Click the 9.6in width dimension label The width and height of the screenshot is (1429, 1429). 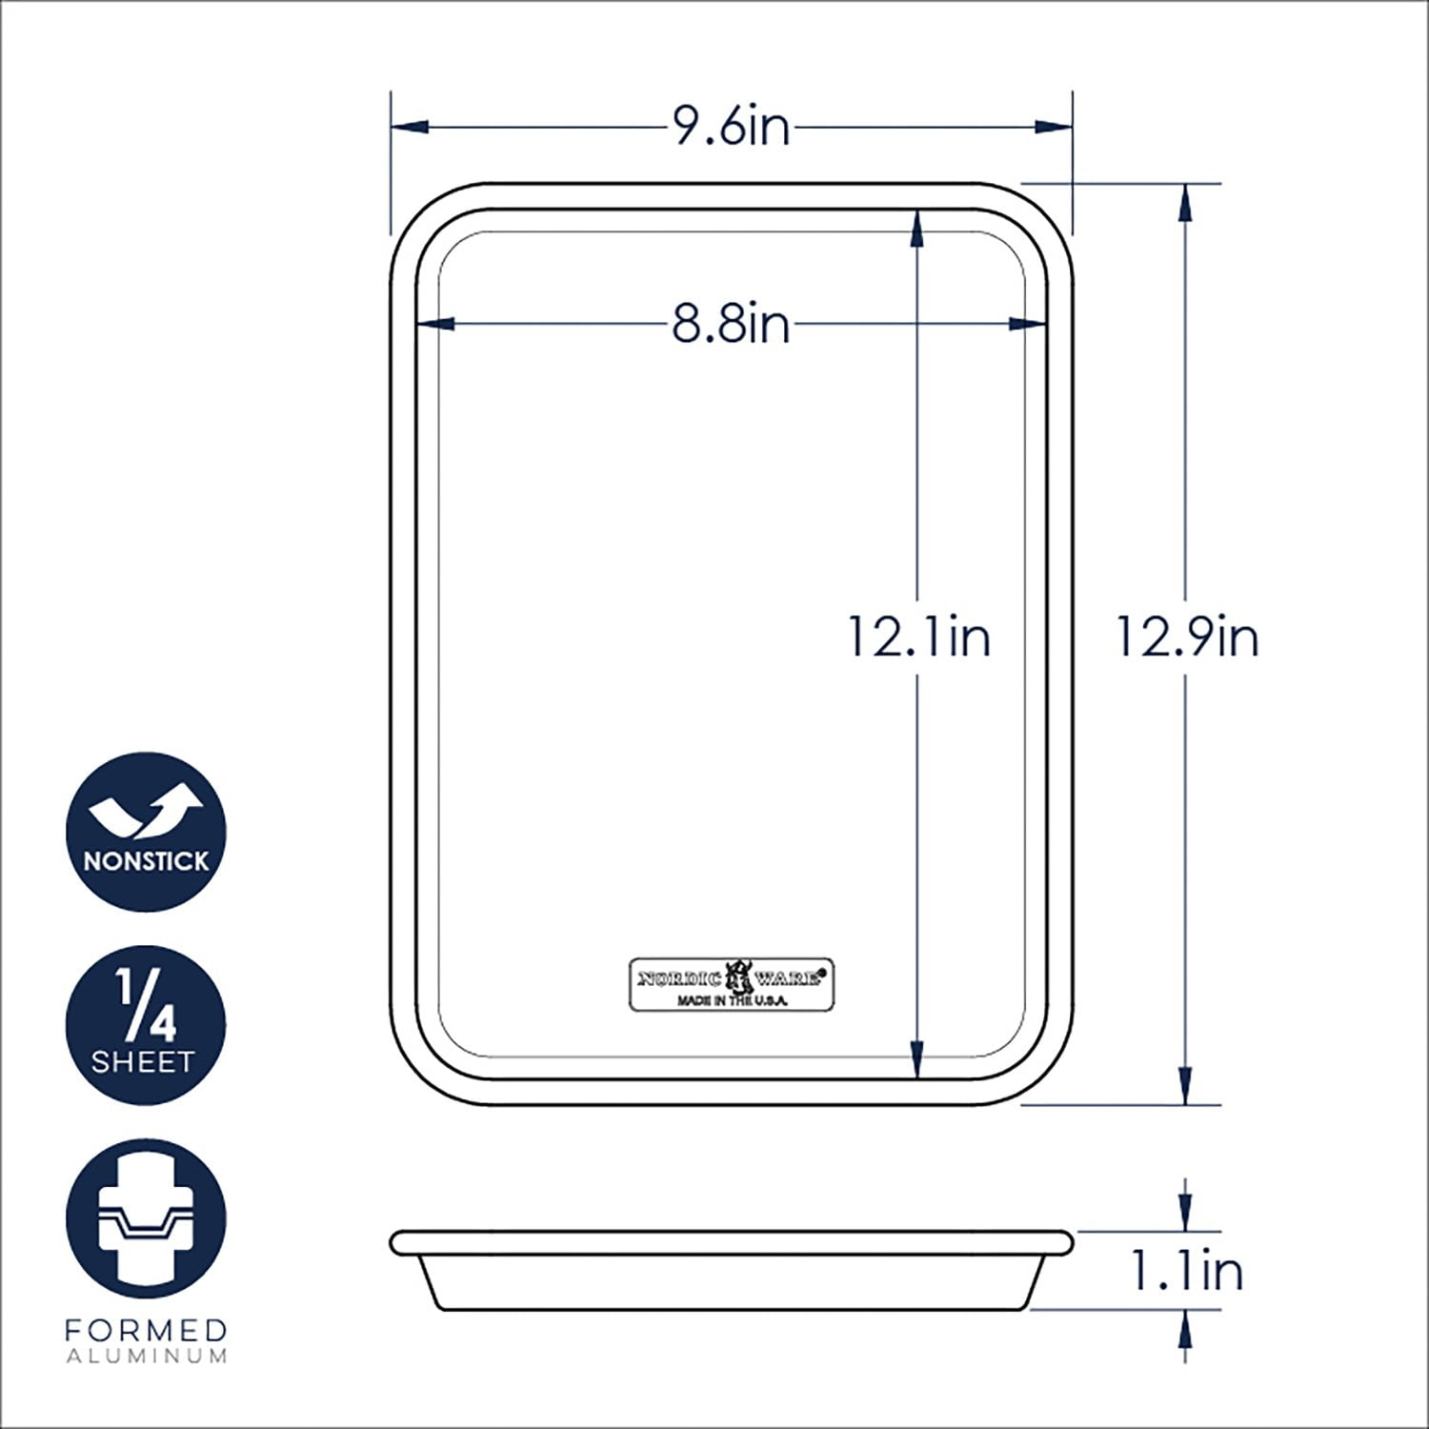pyautogui.click(x=732, y=127)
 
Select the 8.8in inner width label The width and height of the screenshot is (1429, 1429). pyautogui.click(x=732, y=324)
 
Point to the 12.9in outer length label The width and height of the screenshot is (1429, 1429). pyautogui.click(x=1187, y=636)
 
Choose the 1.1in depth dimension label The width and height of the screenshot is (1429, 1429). pyautogui.click(x=1187, y=1271)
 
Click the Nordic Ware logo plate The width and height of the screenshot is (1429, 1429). pyautogui.click(x=732, y=984)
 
